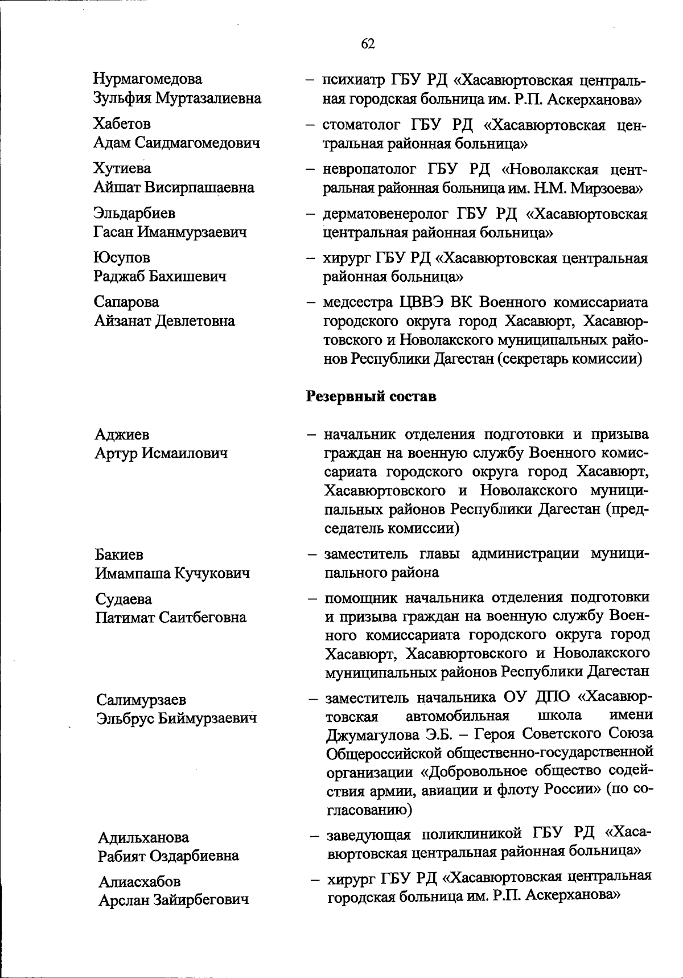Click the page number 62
(368, 44)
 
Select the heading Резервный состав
(372, 396)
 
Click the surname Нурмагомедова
(148, 79)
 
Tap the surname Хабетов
(122, 124)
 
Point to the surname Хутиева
(122, 169)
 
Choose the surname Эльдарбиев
(134, 213)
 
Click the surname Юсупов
(122, 258)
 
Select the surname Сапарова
(126, 302)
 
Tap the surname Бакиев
(119, 554)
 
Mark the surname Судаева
(124, 599)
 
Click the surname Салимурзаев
(141, 699)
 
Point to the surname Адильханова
(143, 837)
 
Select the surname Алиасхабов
(139, 882)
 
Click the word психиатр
(353, 80)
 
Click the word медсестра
(357, 302)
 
